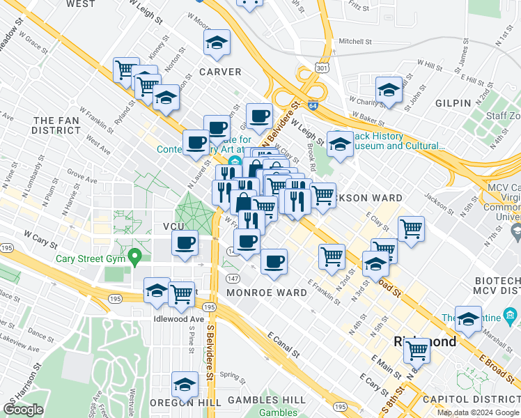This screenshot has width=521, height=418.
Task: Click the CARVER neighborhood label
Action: (x=220, y=72)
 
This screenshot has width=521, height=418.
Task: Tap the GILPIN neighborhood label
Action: (x=453, y=103)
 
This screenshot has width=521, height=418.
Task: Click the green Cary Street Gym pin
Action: (x=136, y=256)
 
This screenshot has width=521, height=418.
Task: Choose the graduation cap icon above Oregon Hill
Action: (x=185, y=384)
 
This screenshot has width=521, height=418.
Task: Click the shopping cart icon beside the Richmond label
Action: (x=417, y=350)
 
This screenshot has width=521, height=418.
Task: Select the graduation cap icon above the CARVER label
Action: (x=218, y=43)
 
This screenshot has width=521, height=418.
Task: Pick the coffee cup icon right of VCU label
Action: (x=185, y=244)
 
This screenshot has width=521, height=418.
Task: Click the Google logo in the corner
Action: (x=24, y=410)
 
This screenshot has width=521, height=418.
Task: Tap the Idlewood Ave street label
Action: (x=173, y=319)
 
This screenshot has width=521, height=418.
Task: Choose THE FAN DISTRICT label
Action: (x=57, y=125)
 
